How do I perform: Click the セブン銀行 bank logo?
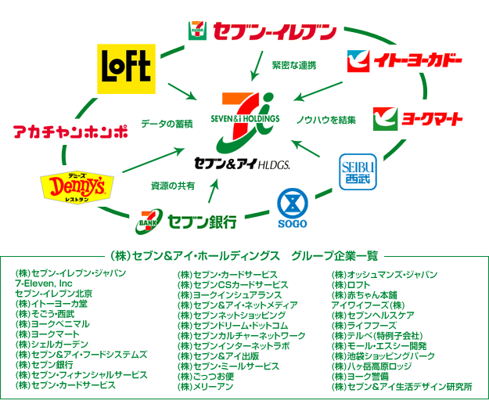click(188, 219)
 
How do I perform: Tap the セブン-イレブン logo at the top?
click(261, 31)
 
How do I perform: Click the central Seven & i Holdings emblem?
click(244, 117)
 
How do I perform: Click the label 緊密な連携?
click(293, 65)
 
